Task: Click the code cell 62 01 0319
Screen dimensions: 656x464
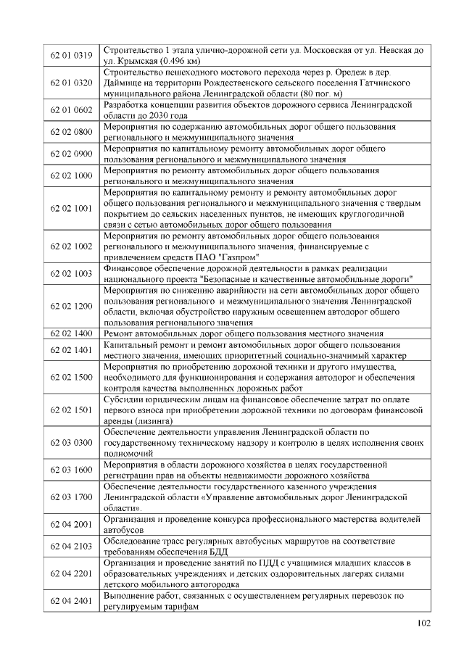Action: (x=72, y=56)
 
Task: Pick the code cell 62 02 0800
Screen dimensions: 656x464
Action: (x=72, y=132)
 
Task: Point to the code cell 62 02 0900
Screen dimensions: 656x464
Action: (x=72, y=154)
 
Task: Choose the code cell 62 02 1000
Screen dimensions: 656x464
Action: (x=72, y=176)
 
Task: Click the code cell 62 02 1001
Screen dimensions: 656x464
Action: (x=72, y=209)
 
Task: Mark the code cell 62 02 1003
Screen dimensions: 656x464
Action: (x=72, y=274)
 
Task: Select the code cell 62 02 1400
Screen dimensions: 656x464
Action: (x=72, y=333)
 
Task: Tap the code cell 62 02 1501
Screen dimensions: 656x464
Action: (x=72, y=410)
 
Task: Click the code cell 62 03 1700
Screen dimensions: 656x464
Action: (x=72, y=497)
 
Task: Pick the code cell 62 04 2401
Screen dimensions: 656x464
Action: (x=72, y=602)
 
